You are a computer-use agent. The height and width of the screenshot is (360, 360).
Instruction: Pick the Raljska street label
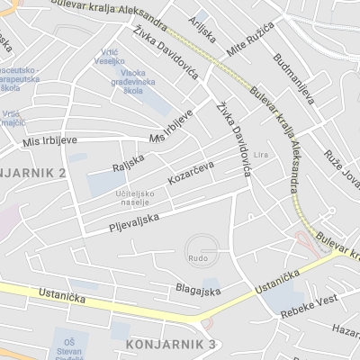(x=128, y=162)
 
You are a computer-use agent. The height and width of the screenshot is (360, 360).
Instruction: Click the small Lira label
(x=262, y=155)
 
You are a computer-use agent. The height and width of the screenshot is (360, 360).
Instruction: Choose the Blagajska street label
(x=198, y=291)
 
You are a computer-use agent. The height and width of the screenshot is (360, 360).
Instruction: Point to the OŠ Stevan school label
(x=75, y=347)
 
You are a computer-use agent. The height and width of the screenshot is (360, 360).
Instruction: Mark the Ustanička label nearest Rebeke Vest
(x=276, y=283)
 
